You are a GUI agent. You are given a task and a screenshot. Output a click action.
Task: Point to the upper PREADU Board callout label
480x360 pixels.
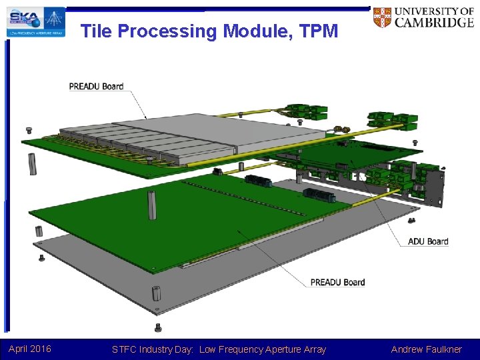point(96,86)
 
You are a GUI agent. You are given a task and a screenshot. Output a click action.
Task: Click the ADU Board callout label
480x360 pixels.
point(428,241)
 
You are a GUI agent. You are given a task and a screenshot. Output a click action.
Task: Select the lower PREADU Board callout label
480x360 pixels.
point(337,282)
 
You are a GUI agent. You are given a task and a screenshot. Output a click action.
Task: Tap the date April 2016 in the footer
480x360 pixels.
point(30,349)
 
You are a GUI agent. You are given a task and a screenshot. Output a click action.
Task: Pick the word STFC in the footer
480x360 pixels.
point(125,349)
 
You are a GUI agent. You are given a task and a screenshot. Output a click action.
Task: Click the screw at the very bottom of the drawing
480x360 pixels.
point(158,327)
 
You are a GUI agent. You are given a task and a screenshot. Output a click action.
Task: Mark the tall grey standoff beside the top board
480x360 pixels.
point(32,164)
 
